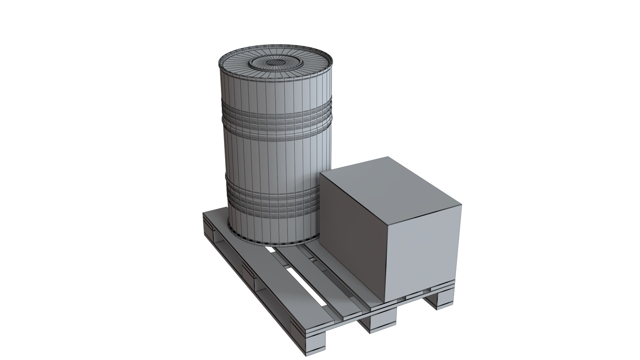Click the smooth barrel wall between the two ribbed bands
[x=273, y=157]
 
